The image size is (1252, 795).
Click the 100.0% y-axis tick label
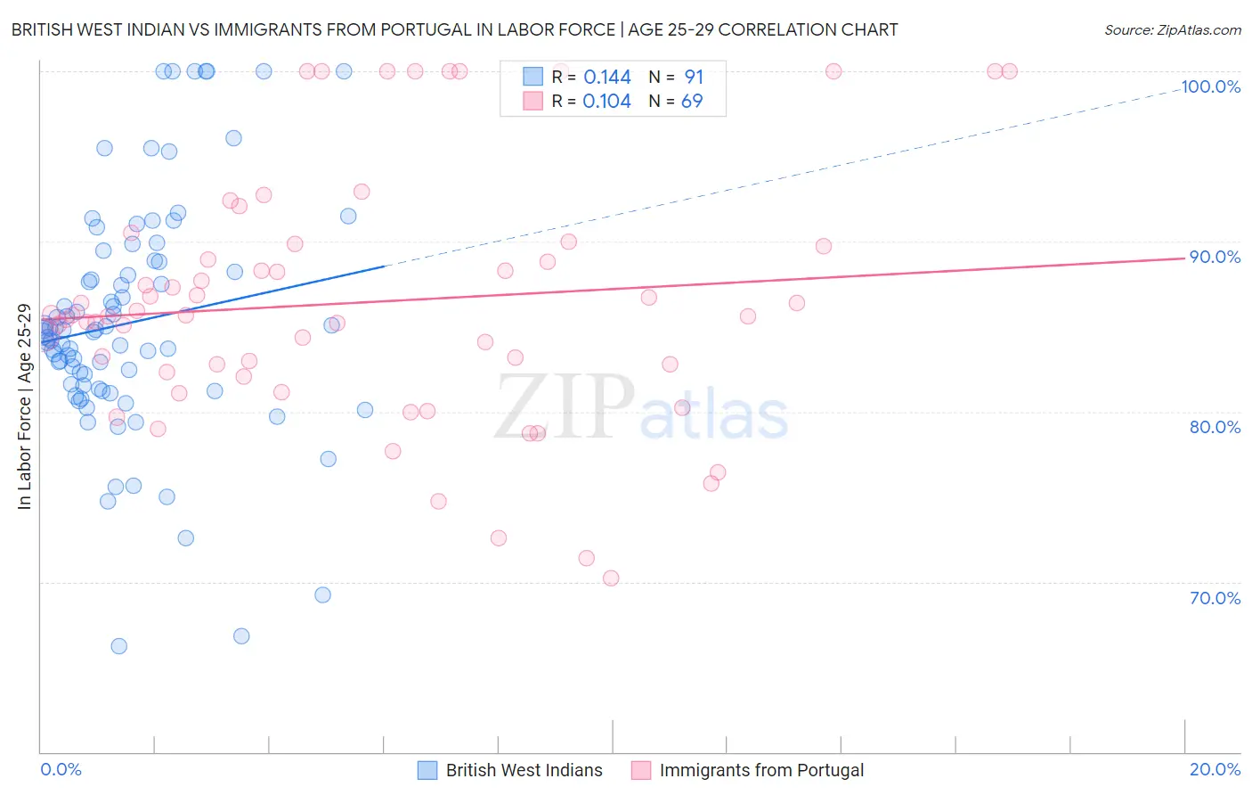[1210, 86]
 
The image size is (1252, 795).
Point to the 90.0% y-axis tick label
[1215, 257]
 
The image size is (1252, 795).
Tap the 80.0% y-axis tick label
[1215, 427]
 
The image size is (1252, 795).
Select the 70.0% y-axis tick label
[1215, 598]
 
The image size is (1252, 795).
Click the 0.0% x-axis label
[61, 769]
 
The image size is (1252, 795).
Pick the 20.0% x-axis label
[1215, 769]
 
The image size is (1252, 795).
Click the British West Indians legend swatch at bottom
[427, 770]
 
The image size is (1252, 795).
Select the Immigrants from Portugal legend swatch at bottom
[641, 770]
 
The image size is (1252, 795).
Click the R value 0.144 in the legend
[606, 78]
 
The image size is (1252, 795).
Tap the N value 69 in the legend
[692, 102]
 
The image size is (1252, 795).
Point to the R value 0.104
[606, 102]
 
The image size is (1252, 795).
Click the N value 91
[694, 78]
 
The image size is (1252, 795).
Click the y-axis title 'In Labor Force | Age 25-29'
[24, 406]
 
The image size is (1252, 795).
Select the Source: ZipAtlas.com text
[1172, 30]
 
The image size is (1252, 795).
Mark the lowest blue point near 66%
[118, 646]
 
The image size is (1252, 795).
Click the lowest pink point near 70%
[611, 578]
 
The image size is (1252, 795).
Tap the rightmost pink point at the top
[1010, 71]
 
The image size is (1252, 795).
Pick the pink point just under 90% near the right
[824, 246]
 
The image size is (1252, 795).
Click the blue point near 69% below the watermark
[323, 595]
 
